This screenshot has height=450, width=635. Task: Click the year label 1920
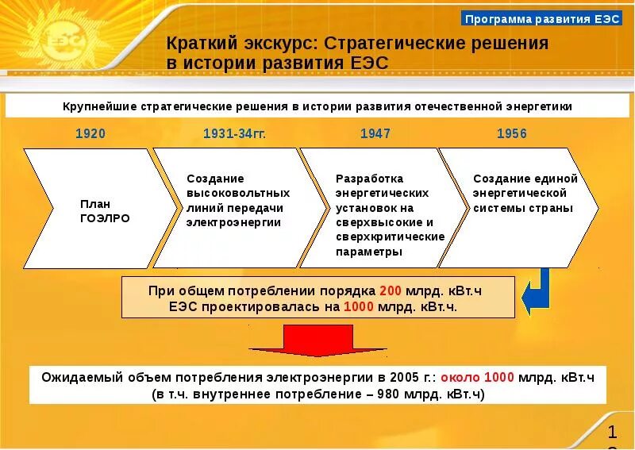pos(90,133)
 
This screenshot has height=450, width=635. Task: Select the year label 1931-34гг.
pos(234,133)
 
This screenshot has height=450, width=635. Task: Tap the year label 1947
pos(375,133)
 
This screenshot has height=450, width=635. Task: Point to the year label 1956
pos(512,133)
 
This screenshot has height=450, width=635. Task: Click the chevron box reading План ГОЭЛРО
pos(99,209)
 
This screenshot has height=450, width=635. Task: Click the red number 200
pos(391,290)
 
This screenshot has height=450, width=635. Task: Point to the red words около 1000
pos(477,377)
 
